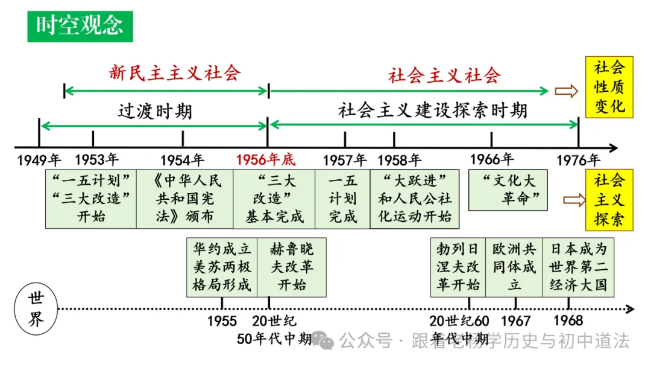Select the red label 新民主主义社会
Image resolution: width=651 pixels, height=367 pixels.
coord(175,73)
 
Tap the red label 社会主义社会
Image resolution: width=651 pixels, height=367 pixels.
coord(444,75)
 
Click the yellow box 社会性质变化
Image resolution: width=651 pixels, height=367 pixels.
coord(609,88)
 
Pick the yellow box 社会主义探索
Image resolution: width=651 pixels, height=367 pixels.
coord(609,200)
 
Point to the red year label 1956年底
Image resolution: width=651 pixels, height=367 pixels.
coord(266,160)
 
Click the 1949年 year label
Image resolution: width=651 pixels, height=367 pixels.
coord(39,160)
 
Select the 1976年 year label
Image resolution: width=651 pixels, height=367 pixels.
coord(578,160)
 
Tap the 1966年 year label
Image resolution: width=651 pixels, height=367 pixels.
coord(491,160)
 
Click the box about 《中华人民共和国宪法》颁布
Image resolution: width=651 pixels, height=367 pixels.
coord(184,199)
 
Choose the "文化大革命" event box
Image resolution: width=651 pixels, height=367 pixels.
coord(508,190)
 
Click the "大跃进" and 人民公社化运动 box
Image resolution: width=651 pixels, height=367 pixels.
coord(415,199)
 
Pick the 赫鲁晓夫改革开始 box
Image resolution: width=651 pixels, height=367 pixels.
coord(292,267)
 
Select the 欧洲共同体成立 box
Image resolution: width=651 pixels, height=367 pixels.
coord(514,267)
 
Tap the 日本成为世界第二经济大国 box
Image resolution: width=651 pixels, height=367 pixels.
coord(578,267)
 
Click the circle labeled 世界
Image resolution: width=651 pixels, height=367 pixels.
coord(37,309)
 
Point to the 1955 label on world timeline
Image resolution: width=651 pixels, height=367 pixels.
coord(222,321)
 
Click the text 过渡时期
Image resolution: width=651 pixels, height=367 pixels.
coord(155,112)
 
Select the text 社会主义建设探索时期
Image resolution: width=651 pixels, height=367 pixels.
coord(433,110)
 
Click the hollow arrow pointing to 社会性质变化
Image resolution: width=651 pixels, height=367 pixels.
coord(565,91)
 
